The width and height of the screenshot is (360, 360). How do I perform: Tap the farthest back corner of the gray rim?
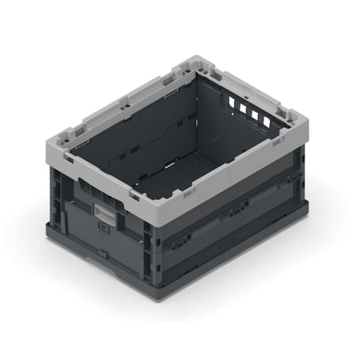pyautogui.click(x=195, y=59)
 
